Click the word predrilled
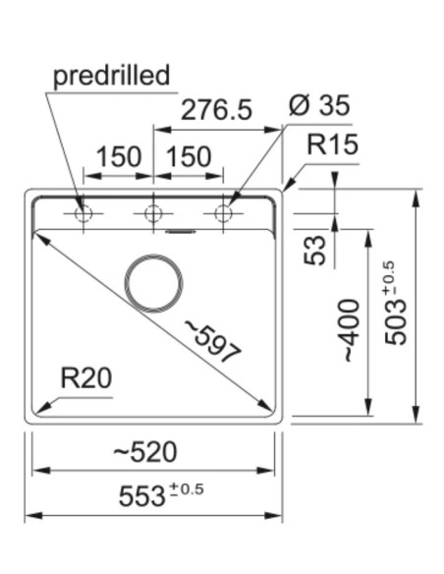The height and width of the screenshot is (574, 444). pos(112,76)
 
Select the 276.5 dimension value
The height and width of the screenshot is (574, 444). pos(216,109)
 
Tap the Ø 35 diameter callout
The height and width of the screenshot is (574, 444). pos(319,106)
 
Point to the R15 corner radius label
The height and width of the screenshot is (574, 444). pos(332,144)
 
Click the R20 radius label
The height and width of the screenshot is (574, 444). pos(86,378)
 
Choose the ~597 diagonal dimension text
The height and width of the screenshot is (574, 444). pos(213,341)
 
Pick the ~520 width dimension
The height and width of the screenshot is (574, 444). pos(145,452)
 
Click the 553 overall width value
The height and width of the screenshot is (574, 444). pos(141,496)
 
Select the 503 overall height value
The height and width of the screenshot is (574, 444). pos(396,321)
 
